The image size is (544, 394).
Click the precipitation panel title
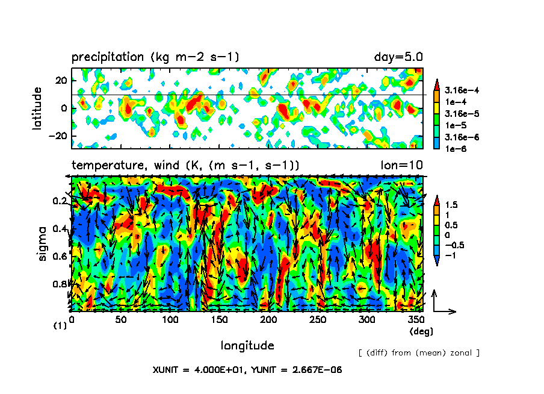click(155, 58)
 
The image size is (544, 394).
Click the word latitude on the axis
click(38, 108)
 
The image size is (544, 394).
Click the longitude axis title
click(247, 346)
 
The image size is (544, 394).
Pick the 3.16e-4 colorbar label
click(463, 90)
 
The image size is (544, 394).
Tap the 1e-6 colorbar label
click(457, 148)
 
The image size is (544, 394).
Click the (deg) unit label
click(421, 331)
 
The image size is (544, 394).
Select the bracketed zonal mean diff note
click(418, 352)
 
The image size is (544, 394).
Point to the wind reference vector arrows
click(442, 305)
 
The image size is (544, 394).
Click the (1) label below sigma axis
click(60, 325)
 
